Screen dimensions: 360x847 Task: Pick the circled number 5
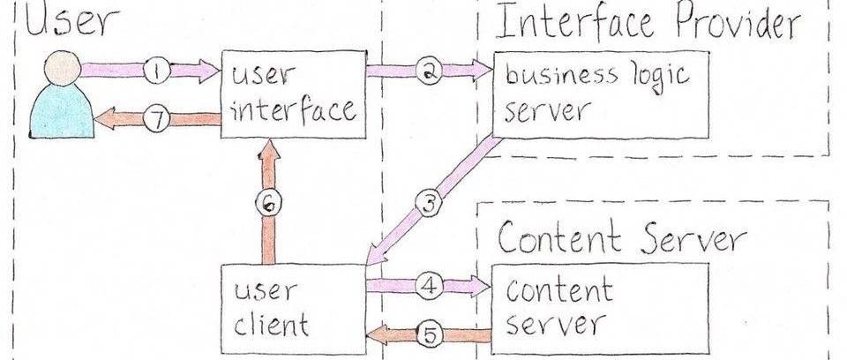429,334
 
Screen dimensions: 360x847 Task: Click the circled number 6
271,202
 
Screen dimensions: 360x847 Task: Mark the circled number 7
156,121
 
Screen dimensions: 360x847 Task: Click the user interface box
293,94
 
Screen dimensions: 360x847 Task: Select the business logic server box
600,94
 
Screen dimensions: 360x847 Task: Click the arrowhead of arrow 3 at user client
374,255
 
